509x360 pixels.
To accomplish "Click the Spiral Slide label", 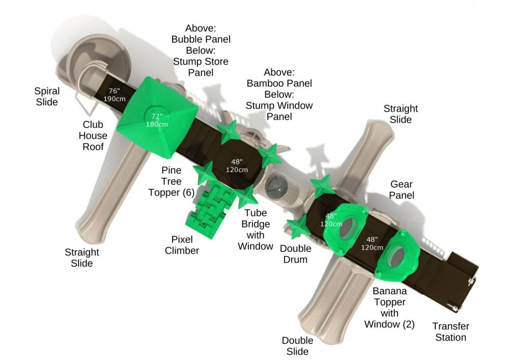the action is coord(47,96).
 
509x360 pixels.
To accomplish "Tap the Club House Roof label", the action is coord(93,135).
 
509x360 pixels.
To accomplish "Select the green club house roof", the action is coord(157,118).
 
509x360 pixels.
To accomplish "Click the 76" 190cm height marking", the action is coord(114,95).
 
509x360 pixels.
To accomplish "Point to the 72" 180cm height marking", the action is coord(157,120).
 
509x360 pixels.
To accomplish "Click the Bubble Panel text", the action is coord(201,39).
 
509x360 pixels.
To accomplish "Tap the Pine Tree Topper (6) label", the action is coord(172,181).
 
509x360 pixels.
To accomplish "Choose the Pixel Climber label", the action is coord(182,245).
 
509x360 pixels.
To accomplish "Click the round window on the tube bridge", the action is coord(276,187).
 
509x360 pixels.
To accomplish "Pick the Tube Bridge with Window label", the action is coord(256,230).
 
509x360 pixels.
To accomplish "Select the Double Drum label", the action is coord(295,254).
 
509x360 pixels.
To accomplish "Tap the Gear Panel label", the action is coord(402,189).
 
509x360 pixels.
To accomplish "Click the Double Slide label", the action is coord(297,346).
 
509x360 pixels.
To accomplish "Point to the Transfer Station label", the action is coord(451,331).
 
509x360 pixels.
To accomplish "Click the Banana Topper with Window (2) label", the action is coord(389,308).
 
